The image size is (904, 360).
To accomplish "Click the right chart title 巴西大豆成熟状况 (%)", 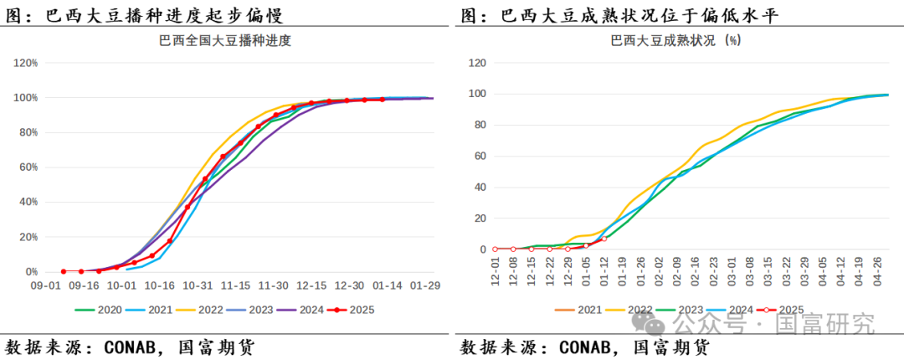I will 675,40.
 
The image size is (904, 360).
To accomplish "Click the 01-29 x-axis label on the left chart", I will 426,285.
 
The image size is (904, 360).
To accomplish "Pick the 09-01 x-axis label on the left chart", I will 46,285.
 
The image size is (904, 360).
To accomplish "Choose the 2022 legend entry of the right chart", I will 638,310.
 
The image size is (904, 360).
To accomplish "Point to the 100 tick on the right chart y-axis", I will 478,94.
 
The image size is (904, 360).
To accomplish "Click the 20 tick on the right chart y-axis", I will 480,219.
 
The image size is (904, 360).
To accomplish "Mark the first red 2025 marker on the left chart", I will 63,271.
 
